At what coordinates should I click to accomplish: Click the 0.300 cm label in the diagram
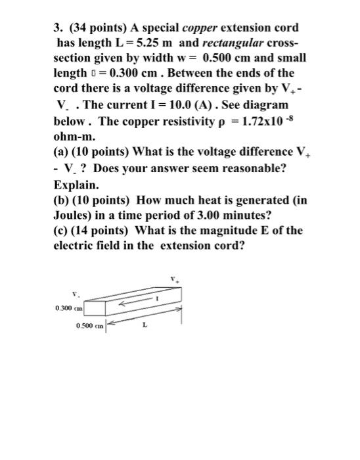pos(67,307)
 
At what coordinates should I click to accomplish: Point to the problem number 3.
pos(57,28)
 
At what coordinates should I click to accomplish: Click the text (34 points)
pos(98,28)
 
